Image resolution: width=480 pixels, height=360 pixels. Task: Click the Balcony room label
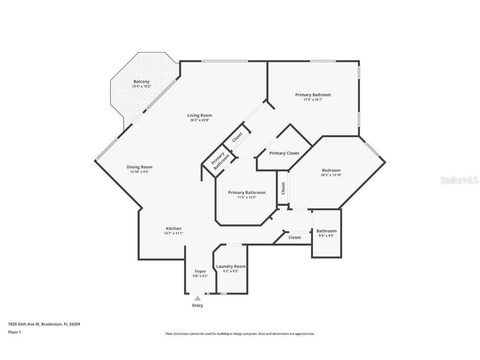pos(141,82)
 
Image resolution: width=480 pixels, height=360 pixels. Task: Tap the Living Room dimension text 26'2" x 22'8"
pos(200,120)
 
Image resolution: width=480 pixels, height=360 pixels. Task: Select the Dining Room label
pos(140,167)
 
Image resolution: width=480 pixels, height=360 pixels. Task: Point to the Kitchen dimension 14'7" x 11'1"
pos(173,233)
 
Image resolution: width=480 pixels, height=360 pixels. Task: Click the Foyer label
pos(200,271)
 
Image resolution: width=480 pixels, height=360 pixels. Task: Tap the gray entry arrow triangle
pos(197,298)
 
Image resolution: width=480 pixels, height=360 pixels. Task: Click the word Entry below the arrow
pos(197,305)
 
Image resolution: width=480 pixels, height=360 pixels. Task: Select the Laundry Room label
pos(231,266)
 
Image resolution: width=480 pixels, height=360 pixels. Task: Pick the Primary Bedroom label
pos(313,95)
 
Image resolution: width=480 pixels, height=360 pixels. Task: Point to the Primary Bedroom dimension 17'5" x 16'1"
pos(313,100)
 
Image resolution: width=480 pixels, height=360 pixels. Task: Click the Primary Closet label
pos(284,153)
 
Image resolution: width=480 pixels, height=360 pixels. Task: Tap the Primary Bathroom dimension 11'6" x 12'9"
pos(247,197)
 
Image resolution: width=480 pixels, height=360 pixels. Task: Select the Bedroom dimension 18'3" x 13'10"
pos(331,175)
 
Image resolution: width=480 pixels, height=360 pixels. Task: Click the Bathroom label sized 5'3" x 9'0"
pos(326,231)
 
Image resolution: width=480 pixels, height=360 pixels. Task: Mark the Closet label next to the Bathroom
pos(295,237)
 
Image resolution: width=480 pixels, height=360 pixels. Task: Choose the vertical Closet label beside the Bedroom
pos(283,188)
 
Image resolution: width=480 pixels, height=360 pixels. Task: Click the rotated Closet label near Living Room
pos(237,137)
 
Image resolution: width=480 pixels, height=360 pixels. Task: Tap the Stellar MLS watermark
pos(460,180)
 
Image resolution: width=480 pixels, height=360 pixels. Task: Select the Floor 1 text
pos(14,332)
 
